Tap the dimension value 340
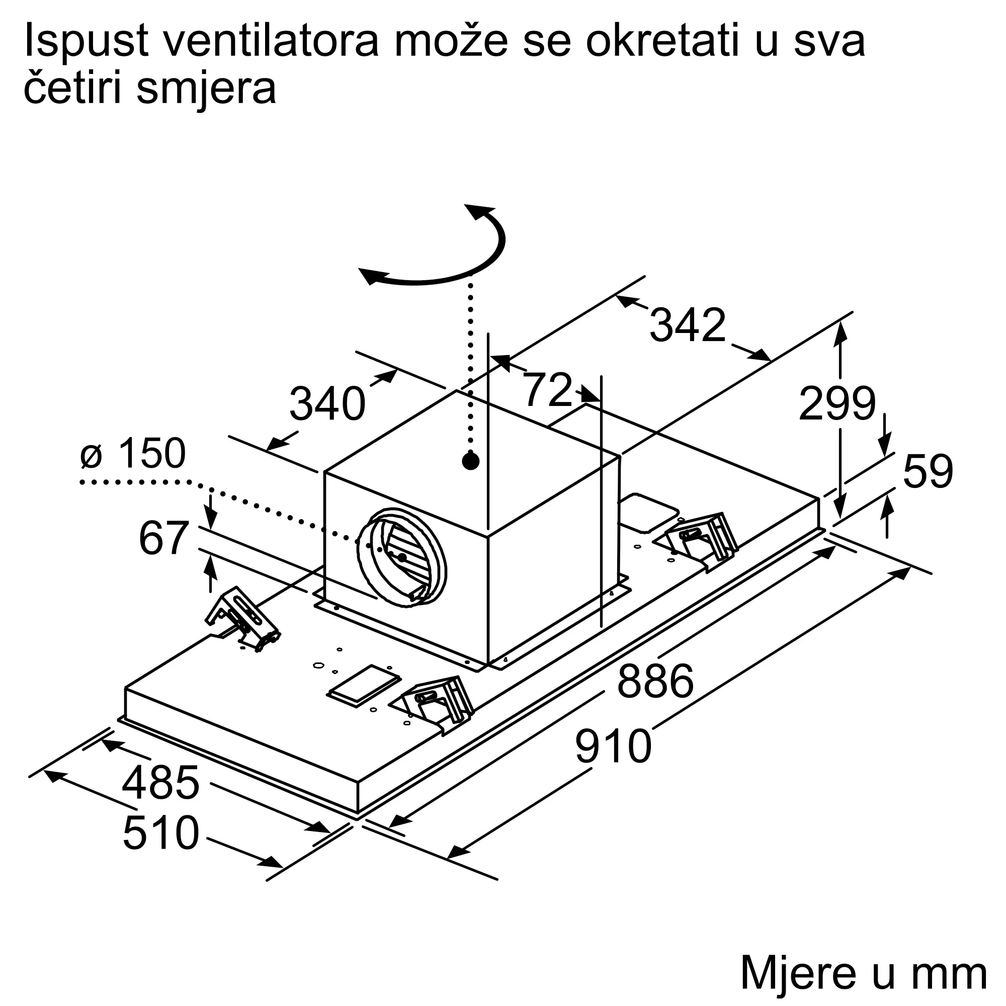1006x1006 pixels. pyautogui.click(x=327, y=403)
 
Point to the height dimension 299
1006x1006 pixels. pyautogui.click(x=837, y=403)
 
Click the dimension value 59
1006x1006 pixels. pyautogui.click(x=928, y=471)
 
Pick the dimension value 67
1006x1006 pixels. pyautogui.click(x=163, y=538)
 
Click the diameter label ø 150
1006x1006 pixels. pyautogui.click(x=133, y=453)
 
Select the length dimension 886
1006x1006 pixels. pyautogui.click(x=655, y=681)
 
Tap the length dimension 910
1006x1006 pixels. pyautogui.click(x=613, y=746)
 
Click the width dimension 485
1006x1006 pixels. pyautogui.click(x=160, y=783)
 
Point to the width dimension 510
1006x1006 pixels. pyautogui.click(x=161, y=833)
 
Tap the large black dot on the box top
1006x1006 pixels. pyautogui.click(x=471, y=461)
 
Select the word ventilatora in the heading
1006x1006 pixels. pyautogui.click(x=271, y=41)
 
